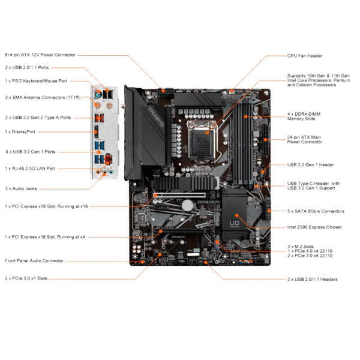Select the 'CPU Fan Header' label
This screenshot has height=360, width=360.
(305, 56)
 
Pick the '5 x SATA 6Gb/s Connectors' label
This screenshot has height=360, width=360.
(316, 211)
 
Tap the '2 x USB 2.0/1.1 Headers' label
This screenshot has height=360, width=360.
(312, 279)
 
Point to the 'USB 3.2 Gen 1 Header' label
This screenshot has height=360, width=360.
(310, 164)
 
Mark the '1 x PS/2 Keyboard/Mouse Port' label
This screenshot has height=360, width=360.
(36, 80)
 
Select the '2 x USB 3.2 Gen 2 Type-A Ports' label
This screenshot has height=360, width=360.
(38, 117)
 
